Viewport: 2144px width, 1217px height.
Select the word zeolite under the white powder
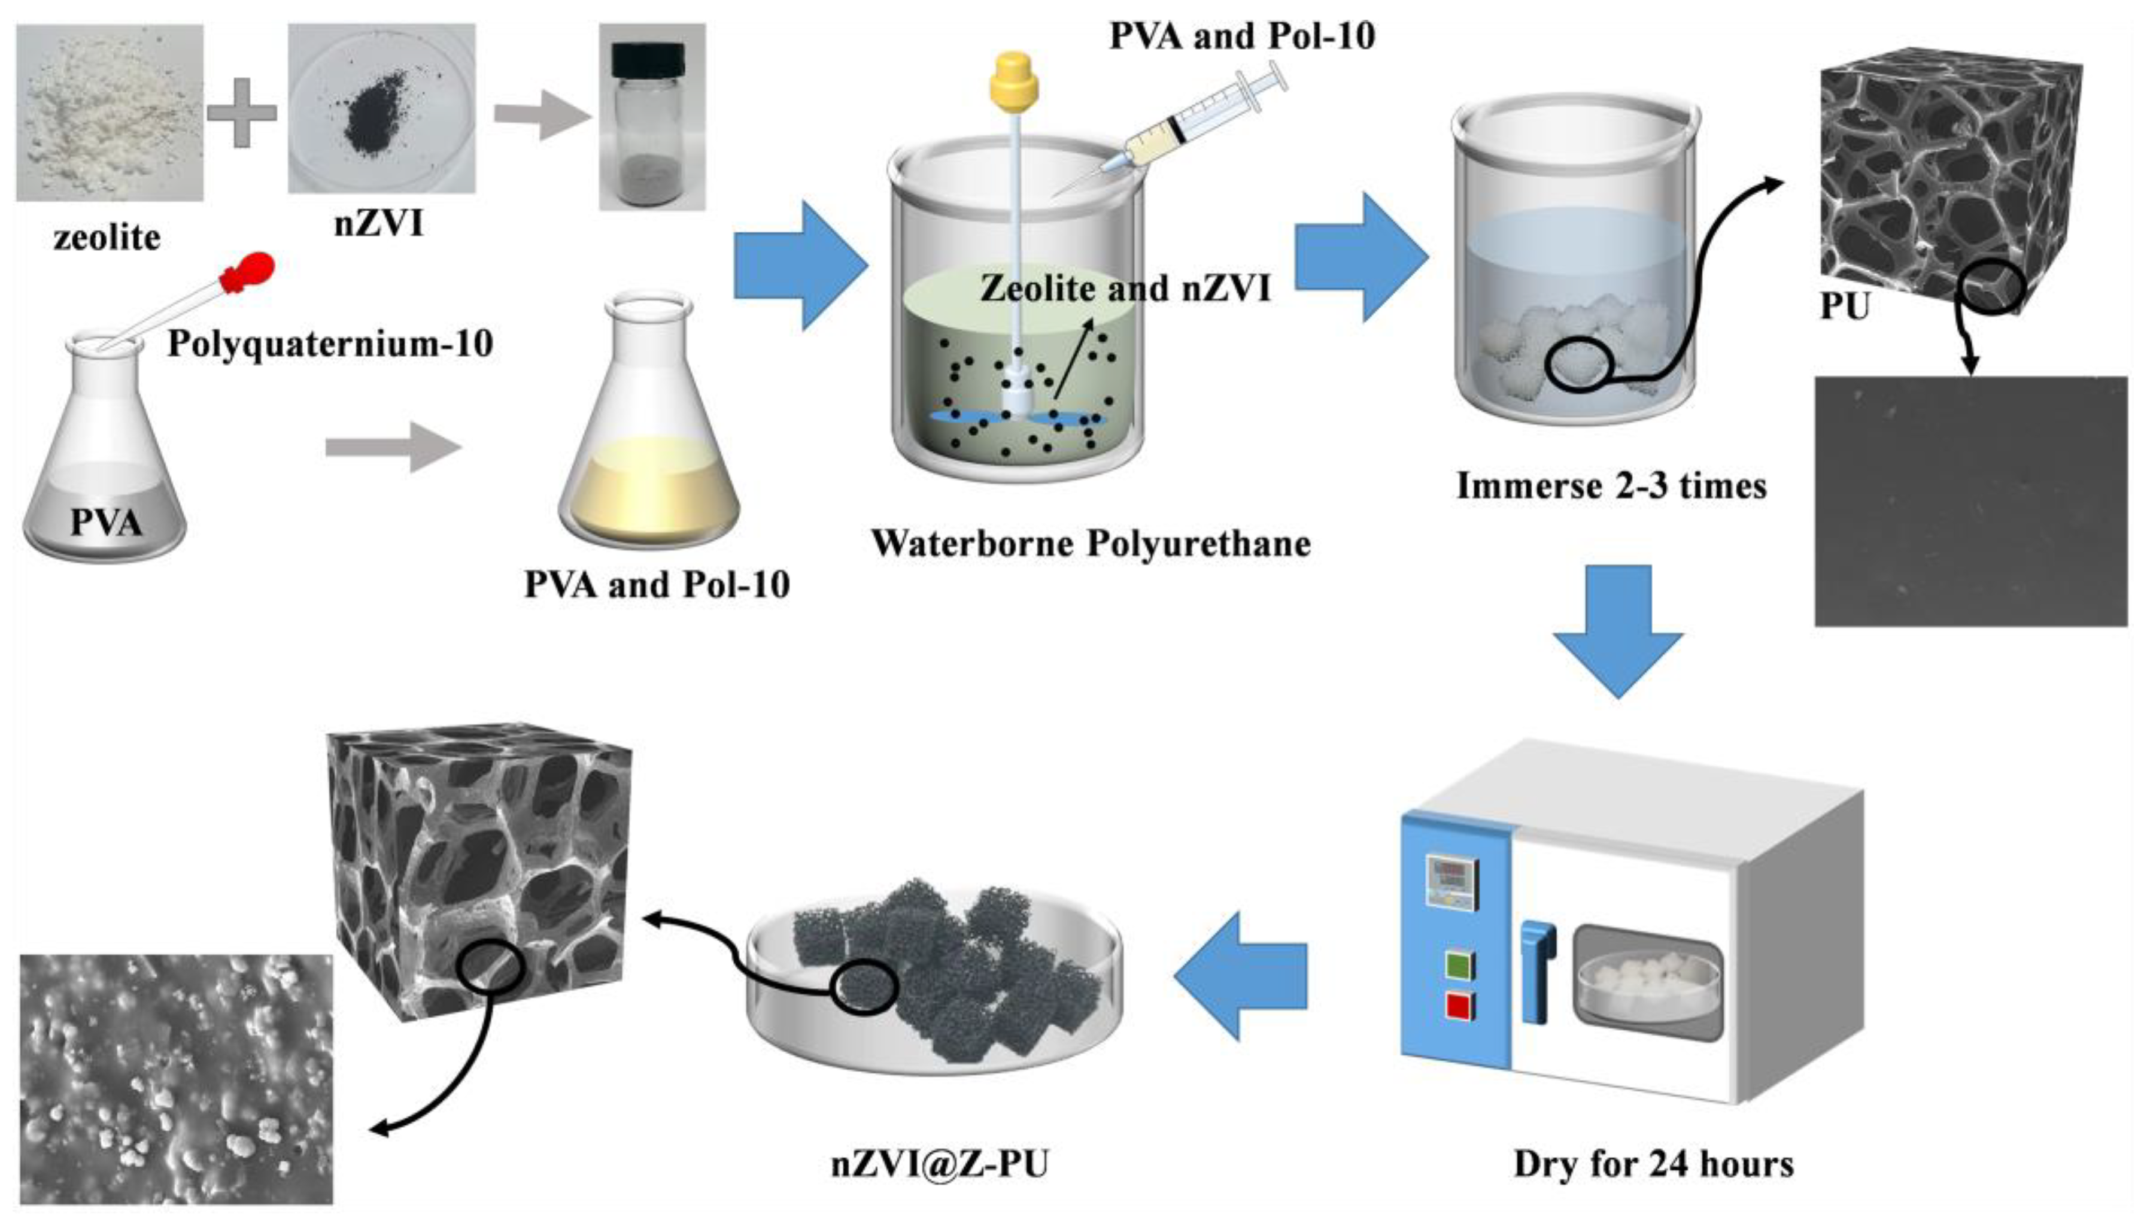[x=107, y=238]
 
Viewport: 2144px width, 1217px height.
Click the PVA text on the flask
[x=105, y=523]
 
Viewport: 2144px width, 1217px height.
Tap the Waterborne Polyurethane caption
[x=1091, y=544]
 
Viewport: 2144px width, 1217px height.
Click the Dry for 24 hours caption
[x=1653, y=1164]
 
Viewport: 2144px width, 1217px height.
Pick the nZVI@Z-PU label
[x=939, y=1164]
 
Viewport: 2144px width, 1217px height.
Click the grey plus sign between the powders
[x=242, y=113]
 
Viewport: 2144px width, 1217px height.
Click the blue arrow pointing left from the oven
[x=1240, y=975]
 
